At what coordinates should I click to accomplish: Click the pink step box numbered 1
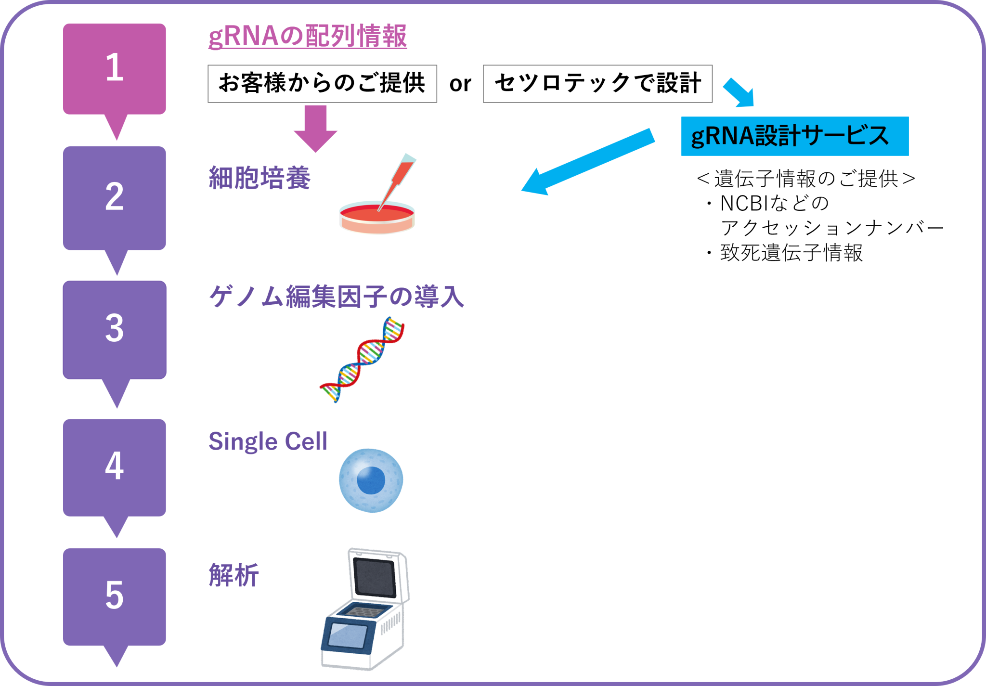click(115, 68)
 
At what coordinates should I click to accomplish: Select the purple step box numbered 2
click(115, 197)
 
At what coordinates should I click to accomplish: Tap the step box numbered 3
click(115, 329)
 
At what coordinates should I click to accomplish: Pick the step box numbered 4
click(115, 467)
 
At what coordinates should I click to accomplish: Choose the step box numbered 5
click(115, 596)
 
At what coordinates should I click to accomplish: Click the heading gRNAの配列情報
click(307, 37)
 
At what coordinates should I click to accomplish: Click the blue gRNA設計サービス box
click(794, 136)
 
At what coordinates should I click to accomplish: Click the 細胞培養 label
click(259, 178)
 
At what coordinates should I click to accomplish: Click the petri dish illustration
click(376, 219)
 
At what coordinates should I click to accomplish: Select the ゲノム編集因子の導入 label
click(336, 297)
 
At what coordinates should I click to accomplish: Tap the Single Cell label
click(268, 441)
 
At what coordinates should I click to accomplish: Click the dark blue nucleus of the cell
click(371, 480)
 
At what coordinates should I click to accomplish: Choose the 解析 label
click(234, 575)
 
